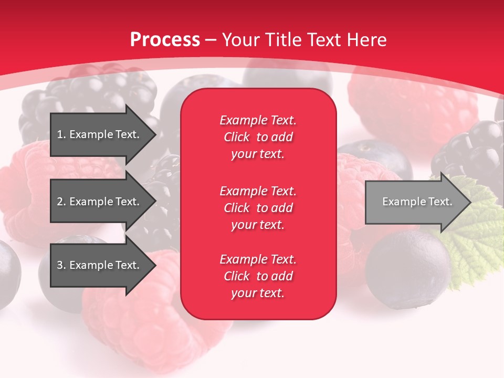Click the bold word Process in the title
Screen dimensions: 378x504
click(165, 40)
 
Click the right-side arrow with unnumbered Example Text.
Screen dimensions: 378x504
click(417, 202)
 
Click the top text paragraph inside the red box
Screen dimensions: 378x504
click(258, 137)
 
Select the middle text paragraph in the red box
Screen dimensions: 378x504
click(258, 208)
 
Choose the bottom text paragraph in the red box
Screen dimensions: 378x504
click(258, 276)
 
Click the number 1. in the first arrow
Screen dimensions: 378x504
click(61, 134)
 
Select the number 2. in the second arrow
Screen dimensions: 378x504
click(61, 202)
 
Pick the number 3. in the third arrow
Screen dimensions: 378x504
click(61, 265)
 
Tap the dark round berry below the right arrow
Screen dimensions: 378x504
click(407, 268)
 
